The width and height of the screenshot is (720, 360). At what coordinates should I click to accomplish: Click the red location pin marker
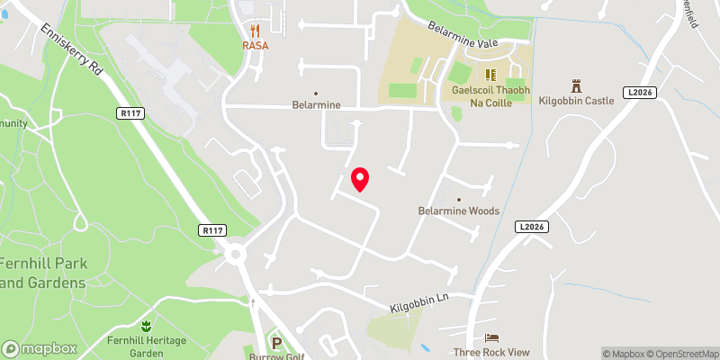coord(360,179)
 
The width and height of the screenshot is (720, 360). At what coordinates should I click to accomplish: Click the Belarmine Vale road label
coord(463,37)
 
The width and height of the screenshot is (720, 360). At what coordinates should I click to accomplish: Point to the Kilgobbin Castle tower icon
coord(575,85)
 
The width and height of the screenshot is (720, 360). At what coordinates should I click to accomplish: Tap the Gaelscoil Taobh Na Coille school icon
coord(490,75)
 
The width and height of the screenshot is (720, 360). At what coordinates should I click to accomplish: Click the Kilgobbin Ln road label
coord(418,302)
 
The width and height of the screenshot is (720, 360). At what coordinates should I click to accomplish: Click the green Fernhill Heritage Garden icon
coord(147,321)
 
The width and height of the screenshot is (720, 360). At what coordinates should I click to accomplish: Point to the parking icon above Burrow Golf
coord(277,342)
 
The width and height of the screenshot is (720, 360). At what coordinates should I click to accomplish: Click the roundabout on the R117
coord(237,255)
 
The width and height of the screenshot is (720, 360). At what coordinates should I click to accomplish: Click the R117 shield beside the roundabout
coord(212,231)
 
